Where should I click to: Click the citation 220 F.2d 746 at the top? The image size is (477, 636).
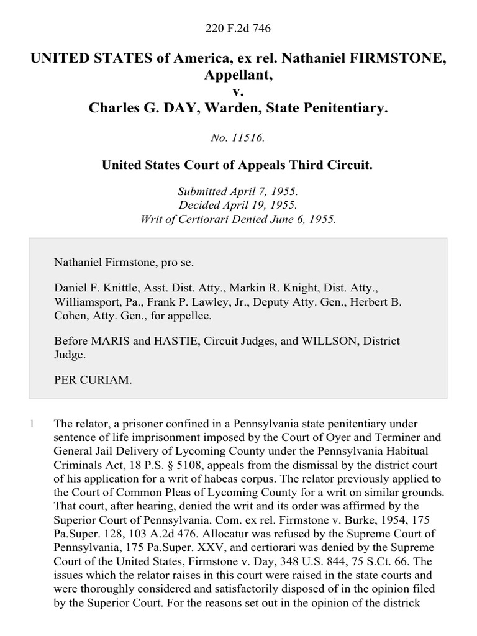238,29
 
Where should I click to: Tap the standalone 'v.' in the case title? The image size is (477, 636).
238,92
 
